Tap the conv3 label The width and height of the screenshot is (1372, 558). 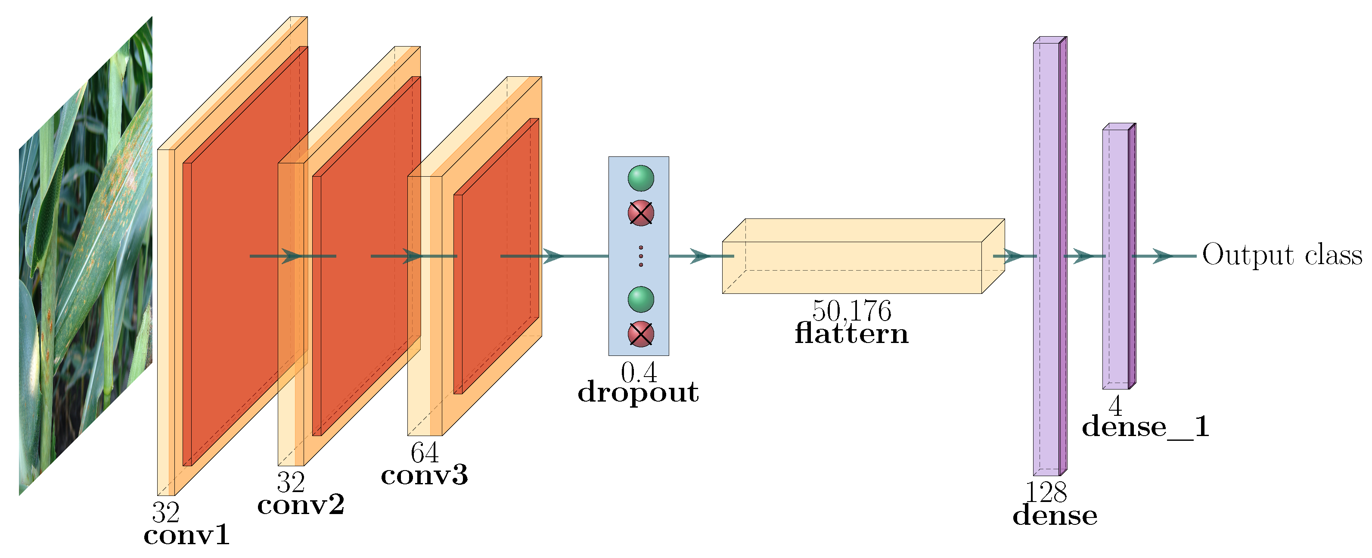(425, 475)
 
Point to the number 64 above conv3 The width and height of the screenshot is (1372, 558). (425, 453)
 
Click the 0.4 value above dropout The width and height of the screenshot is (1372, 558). (639, 373)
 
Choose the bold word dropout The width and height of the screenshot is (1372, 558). (638, 393)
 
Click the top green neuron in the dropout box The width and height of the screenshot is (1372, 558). (641, 178)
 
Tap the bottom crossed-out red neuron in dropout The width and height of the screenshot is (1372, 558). (641, 334)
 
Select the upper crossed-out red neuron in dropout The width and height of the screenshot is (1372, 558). (641, 213)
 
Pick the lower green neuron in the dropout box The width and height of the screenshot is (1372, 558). (641, 299)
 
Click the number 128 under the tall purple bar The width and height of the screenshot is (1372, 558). (1046, 493)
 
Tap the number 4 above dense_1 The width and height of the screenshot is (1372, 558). (1115, 406)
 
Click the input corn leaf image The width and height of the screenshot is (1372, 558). (85, 256)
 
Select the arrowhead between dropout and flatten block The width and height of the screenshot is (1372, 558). (700, 256)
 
